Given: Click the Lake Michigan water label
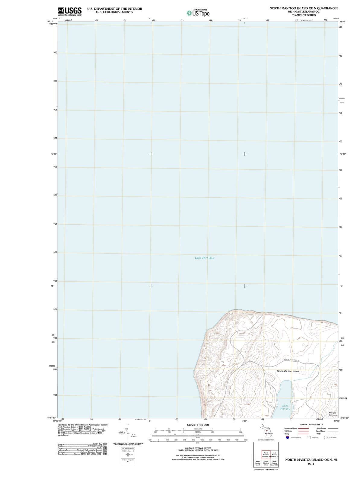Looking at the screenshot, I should click(204, 258).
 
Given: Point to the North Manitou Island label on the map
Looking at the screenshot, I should click(288, 371).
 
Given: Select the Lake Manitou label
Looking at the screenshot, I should click(285, 407).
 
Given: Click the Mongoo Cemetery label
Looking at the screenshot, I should click(333, 414).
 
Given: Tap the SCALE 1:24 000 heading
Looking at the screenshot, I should click(198, 425).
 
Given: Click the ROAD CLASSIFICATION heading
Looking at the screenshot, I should click(311, 424).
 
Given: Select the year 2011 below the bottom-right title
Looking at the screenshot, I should click(311, 464).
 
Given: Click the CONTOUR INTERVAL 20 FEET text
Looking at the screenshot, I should click(198, 448).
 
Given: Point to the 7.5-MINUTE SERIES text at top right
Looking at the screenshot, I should click(304, 15).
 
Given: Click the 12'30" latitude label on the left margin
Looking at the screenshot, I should click(54, 154).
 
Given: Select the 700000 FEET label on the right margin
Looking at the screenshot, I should click(341, 101).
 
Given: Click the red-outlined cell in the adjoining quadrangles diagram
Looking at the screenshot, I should click(266, 454).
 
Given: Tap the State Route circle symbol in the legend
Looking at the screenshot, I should click(326, 438).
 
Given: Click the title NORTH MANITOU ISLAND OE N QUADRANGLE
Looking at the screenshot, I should click(304, 8).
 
